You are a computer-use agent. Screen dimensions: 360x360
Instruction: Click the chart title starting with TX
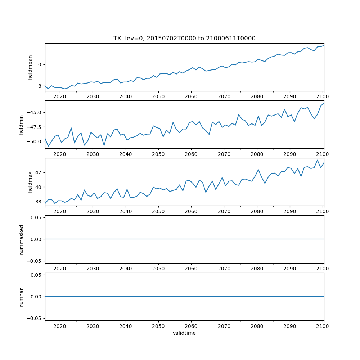(x=184, y=39)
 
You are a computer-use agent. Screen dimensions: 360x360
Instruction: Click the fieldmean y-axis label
(x=30, y=67)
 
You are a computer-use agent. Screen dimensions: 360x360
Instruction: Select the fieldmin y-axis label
(x=21, y=125)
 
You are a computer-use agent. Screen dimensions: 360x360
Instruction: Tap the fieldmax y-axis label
(x=30, y=182)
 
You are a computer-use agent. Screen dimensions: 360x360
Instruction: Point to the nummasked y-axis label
(x=21, y=239)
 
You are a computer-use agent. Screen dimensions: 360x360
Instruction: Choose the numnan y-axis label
(x=21, y=297)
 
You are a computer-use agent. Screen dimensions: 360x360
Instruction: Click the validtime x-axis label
(x=184, y=333)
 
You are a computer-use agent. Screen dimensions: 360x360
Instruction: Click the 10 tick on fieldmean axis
(x=39, y=64)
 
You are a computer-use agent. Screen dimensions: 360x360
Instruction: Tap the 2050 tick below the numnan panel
(x=158, y=326)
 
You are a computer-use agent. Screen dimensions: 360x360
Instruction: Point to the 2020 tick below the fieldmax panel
(x=60, y=211)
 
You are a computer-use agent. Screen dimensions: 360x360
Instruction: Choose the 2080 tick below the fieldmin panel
(x=257, y=154)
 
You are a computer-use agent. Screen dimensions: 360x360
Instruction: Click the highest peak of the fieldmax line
(x=318, y=160)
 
